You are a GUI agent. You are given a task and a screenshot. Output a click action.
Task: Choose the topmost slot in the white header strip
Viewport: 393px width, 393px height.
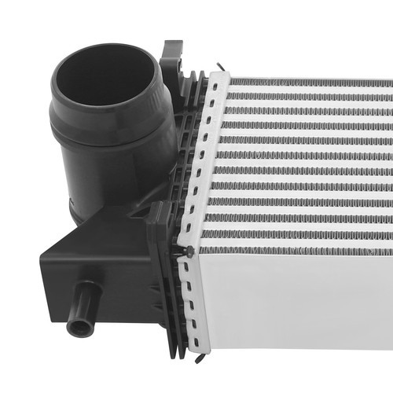coord(216,85)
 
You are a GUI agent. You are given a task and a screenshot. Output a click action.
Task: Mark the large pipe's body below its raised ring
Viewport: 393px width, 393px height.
coord(110,177)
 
